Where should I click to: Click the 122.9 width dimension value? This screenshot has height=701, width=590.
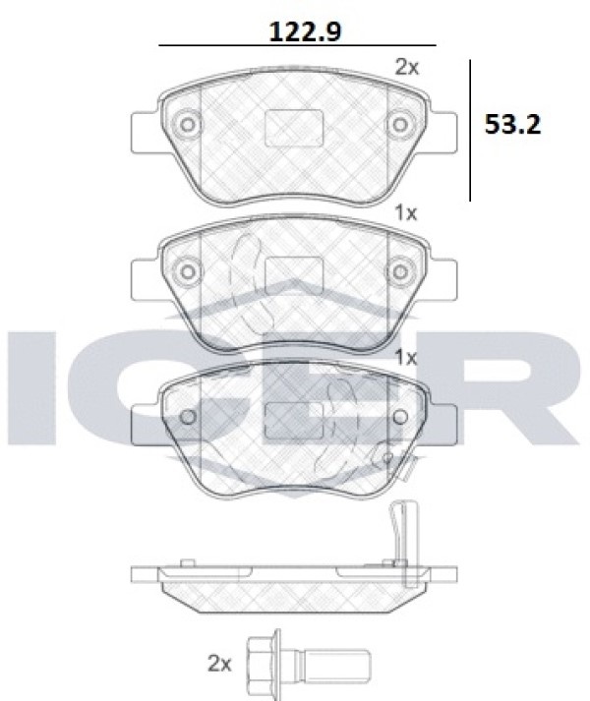(305, 31)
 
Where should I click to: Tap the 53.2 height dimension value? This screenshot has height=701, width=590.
(512, 124)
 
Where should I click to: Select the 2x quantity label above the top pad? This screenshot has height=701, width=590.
(407, 68)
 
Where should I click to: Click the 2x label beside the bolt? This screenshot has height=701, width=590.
(219, 664)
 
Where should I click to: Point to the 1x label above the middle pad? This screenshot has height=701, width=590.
(406, 213)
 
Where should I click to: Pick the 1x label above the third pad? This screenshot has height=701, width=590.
(406, 357)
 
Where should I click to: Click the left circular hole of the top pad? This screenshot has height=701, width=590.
(188, 124)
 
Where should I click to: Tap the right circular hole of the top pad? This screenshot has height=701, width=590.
(400, 124)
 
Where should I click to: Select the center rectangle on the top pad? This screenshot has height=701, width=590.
(294, 129)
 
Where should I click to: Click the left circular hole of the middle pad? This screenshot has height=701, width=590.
(188, 271)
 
